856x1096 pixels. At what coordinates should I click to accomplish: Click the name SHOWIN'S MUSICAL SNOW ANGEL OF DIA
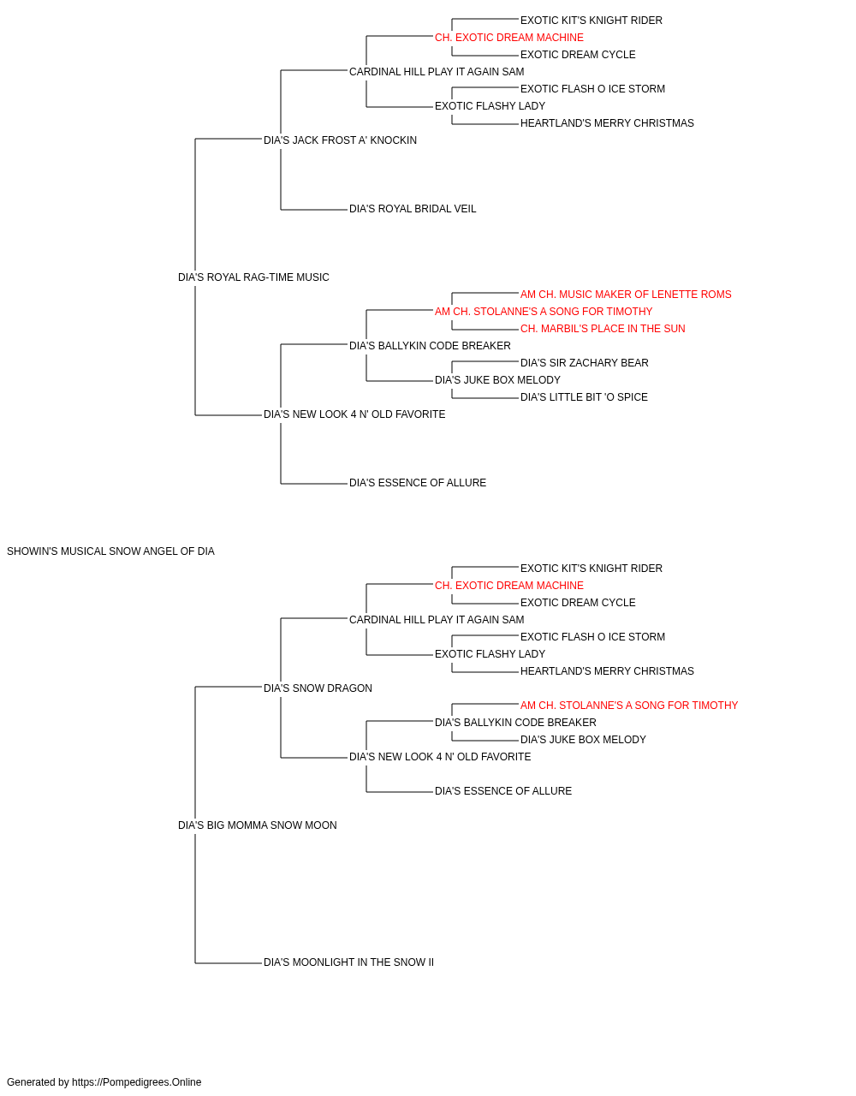tap(110, 551)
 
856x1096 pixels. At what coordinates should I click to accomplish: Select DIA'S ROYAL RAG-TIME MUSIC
tap(253, 277)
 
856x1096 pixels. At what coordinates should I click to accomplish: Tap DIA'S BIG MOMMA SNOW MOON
tap(257, 825)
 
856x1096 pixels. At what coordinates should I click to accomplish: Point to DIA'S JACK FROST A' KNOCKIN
tap(341, 140)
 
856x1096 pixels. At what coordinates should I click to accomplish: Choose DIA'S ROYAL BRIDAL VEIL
tap(413, 209)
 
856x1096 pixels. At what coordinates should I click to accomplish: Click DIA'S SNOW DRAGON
tap(318, 688)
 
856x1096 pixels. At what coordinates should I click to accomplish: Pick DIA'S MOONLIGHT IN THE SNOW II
tap(349, 962)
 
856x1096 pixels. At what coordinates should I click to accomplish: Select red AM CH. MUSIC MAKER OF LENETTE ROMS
tap(626, 295)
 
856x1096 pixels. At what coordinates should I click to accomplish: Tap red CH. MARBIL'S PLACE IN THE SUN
tap(603, 329)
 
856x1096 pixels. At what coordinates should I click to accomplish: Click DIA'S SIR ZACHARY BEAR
tap(585, 363)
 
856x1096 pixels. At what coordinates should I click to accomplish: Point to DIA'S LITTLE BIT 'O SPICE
tap(584, 397)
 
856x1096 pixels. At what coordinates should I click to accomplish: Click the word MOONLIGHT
tap(324, 962)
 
